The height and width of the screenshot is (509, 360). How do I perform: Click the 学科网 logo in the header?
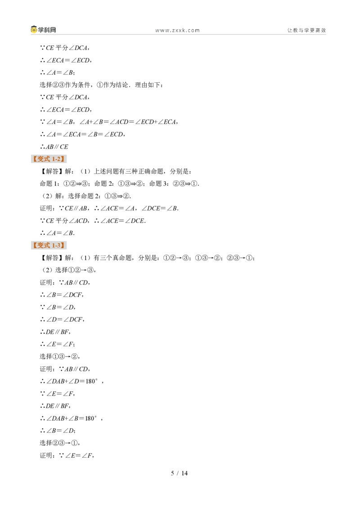44,30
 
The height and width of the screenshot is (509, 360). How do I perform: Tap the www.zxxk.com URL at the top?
177,30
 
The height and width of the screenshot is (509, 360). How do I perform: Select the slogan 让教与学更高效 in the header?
306,30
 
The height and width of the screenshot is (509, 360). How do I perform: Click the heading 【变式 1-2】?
49,159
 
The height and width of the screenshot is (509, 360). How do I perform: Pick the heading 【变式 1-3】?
49,245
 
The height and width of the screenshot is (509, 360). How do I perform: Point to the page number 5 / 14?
180,473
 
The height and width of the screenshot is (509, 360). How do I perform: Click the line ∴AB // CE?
54,147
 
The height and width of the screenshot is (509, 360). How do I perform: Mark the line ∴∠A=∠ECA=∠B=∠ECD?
82,134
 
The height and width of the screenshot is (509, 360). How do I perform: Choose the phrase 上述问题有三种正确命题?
128,171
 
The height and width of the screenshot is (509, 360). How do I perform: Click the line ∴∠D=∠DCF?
62,319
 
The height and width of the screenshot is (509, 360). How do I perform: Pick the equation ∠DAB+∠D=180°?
72,381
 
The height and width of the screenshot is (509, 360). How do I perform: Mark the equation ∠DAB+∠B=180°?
72,418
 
